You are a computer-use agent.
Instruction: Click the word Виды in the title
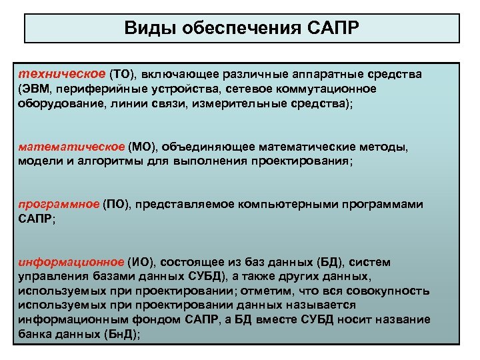(x=146, y=29)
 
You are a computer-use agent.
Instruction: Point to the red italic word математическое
(x=71, y=146)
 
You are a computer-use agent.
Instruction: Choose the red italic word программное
(x=59, y=204)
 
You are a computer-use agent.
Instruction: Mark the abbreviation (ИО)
(x=142, y=262)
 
